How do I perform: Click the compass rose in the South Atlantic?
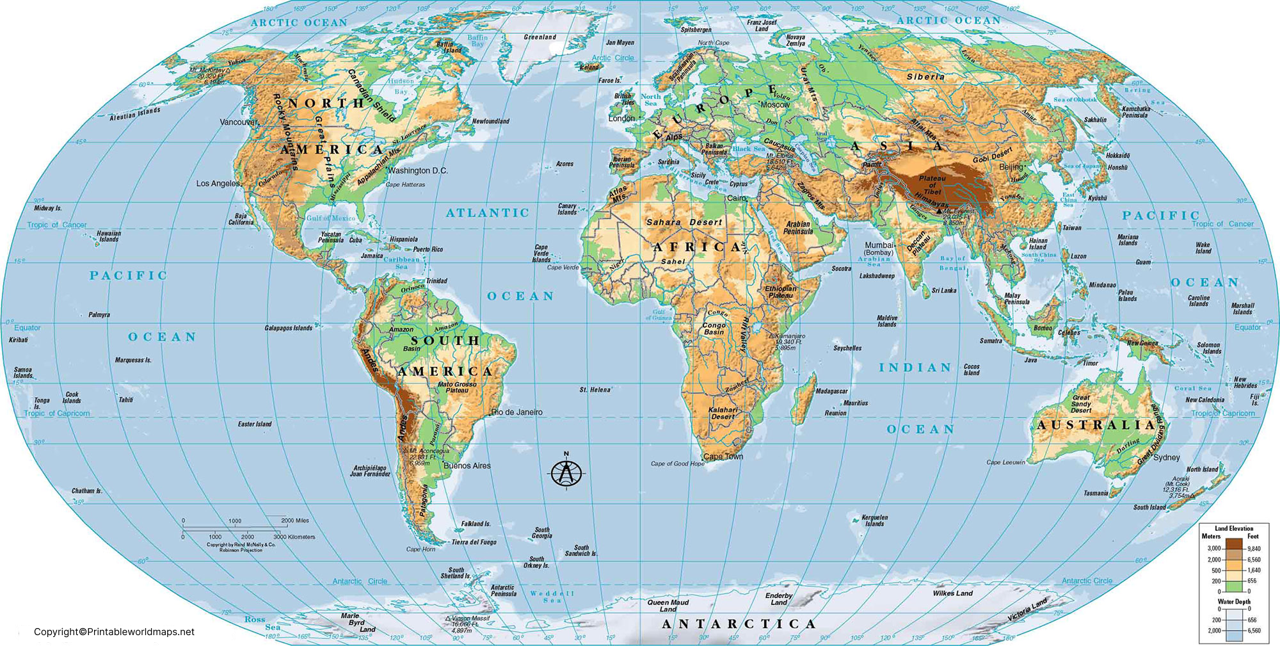566,472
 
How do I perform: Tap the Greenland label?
540,37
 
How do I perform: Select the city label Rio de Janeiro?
517,412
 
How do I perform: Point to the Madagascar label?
831,391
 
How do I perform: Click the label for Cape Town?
723,456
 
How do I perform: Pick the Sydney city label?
1166,457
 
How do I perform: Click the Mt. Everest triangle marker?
939,211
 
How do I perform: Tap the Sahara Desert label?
684,222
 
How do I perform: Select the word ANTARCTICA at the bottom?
739,624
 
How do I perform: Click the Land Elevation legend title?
1234,529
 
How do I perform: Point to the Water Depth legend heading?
1233,602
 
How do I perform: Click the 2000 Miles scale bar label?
294,521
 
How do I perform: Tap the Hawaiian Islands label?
108,236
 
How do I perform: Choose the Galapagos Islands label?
288,328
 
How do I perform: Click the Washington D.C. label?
417,171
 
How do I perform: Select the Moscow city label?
775,104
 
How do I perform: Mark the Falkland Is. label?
476,524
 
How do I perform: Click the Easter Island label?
254,424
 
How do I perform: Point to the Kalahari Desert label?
723,413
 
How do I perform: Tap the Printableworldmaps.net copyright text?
114,632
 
